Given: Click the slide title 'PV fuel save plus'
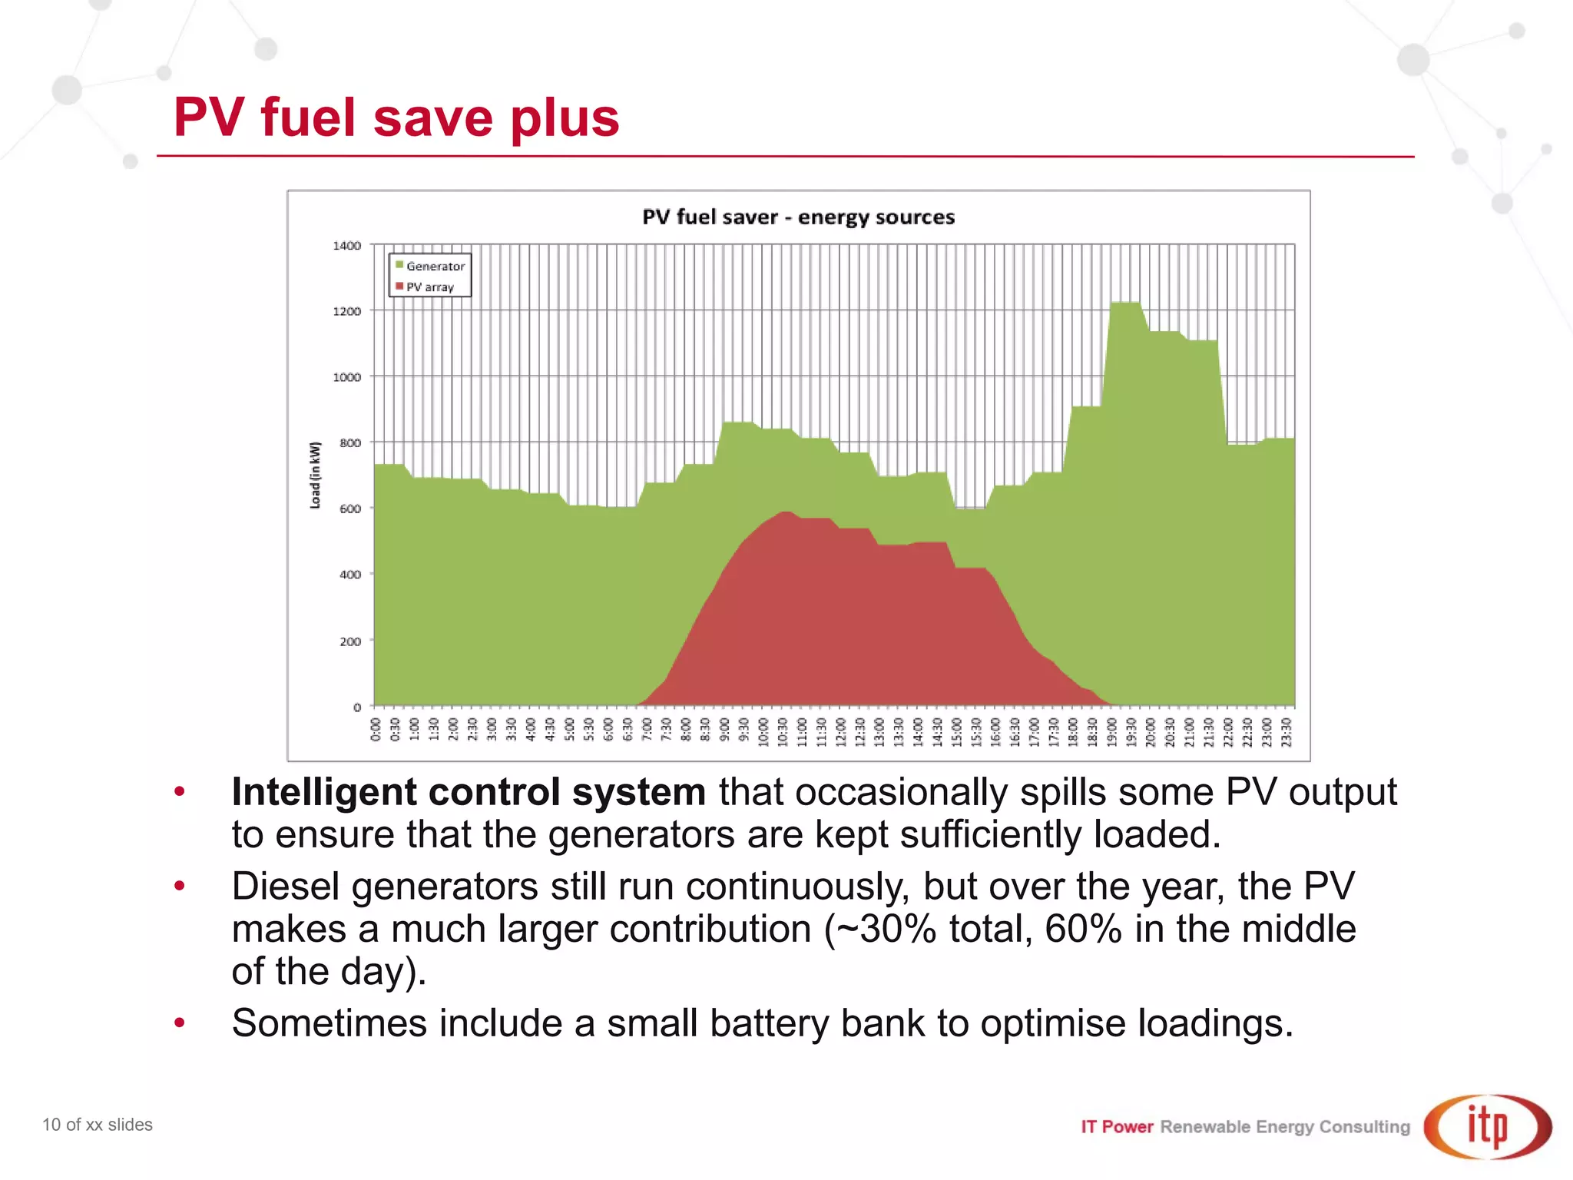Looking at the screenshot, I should point(396,118).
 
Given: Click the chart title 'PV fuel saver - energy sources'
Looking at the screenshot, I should point(798,217).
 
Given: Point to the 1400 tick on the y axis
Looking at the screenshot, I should point(346,246).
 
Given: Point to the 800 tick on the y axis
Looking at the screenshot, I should point(349,443).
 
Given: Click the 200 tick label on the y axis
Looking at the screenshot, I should point(349,641).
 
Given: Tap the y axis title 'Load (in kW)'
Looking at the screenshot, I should point(315,475).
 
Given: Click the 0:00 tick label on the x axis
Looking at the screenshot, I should point(376,729).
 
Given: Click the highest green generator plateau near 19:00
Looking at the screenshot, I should point(1125,304).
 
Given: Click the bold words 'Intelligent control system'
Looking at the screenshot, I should point(469,792).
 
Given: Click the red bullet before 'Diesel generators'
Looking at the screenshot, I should point(180,887).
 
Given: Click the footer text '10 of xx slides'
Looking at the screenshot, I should point(98,1125).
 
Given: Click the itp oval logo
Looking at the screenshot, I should point(1487,1126).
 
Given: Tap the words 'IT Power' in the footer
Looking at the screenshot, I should point(1117,1127).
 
